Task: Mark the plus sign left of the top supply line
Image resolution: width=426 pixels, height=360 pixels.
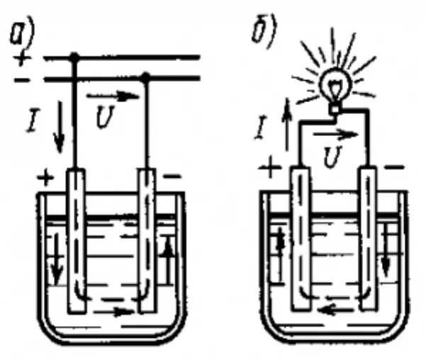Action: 24,57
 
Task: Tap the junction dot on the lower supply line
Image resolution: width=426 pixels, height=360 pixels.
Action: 145,77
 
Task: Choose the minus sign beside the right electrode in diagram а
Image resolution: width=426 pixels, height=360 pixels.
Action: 172,174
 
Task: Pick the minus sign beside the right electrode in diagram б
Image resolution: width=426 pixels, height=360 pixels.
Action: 395,168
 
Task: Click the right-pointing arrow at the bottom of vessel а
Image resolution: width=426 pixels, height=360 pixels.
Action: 118,310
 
